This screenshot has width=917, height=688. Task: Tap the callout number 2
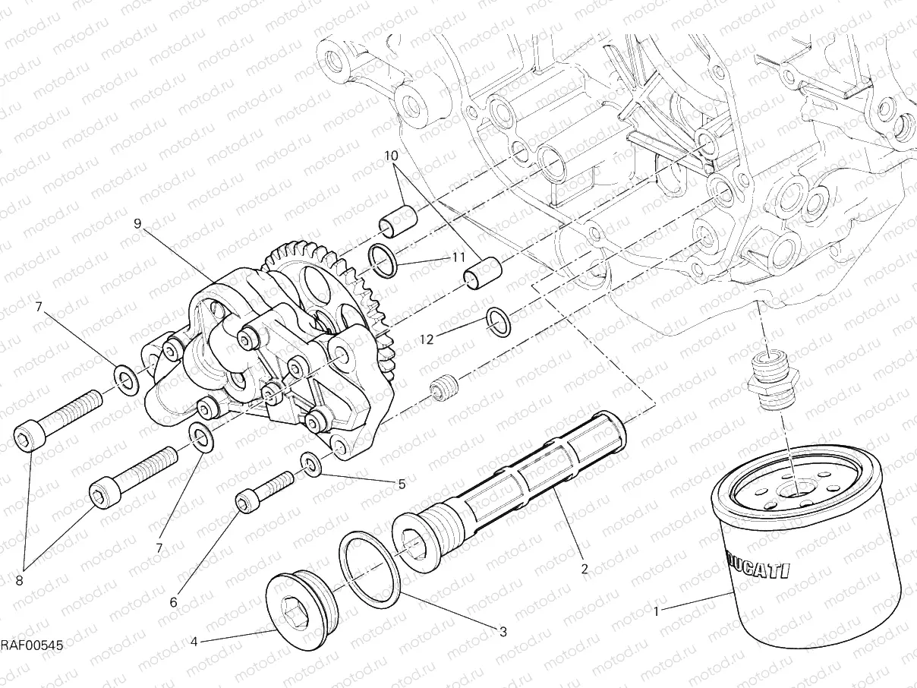click(584, 567)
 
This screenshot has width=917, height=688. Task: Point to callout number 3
click(503, 630)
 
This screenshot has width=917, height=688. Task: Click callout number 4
click(194, 642)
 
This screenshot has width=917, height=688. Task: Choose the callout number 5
click(402, 483)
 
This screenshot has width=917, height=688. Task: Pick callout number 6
click(173, 602)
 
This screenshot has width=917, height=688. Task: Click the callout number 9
click(137, 223)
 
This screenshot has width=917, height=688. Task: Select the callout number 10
click(391, 157)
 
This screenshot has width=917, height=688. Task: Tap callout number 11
click(458, 257)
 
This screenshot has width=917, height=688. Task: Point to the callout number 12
click(427, 339)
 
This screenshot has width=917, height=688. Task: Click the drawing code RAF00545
click(30, 645)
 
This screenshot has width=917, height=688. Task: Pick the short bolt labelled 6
click(263, 491)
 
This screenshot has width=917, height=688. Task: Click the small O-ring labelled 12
click(497, 321)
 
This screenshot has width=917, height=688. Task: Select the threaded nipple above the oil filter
click(771, 379)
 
